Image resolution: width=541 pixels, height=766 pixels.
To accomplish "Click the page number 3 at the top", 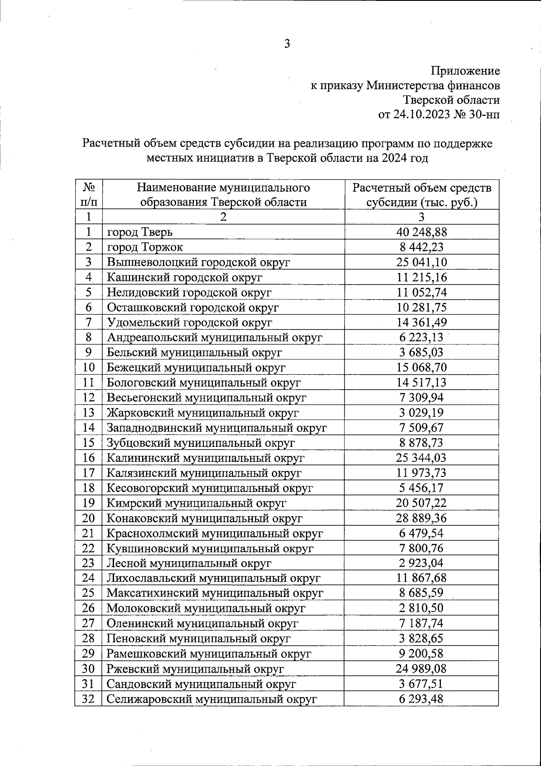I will point(287,44).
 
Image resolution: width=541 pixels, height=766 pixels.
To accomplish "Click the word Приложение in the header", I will point(465,71).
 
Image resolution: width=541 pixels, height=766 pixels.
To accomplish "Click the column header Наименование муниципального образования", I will point(223,194).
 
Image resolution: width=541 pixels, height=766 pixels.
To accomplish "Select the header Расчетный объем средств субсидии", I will point(422,194).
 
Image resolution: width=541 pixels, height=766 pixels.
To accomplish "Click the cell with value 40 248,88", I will point(422,232).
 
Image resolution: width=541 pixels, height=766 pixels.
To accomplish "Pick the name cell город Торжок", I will point(145,247).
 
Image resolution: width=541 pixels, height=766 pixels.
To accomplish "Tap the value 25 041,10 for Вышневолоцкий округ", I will point(422,262).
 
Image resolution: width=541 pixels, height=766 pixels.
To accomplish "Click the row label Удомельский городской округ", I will point(189,322).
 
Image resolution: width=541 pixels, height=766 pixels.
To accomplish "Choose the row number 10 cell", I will point(88,367).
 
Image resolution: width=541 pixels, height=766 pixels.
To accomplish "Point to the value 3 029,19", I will point(422,413).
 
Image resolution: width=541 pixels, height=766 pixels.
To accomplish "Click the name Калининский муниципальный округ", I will point(206,458).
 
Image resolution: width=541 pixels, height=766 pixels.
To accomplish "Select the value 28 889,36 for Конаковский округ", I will point(422,518).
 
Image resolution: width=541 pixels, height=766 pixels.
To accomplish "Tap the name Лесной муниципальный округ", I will point(189,563).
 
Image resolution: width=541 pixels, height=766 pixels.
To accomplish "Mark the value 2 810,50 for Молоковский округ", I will point(422,608).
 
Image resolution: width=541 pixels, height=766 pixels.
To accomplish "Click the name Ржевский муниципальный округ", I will point(195,669).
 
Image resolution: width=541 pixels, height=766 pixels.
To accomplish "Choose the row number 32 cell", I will point(88,699).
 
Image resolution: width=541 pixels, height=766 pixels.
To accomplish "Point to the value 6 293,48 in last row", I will point(422,699).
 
